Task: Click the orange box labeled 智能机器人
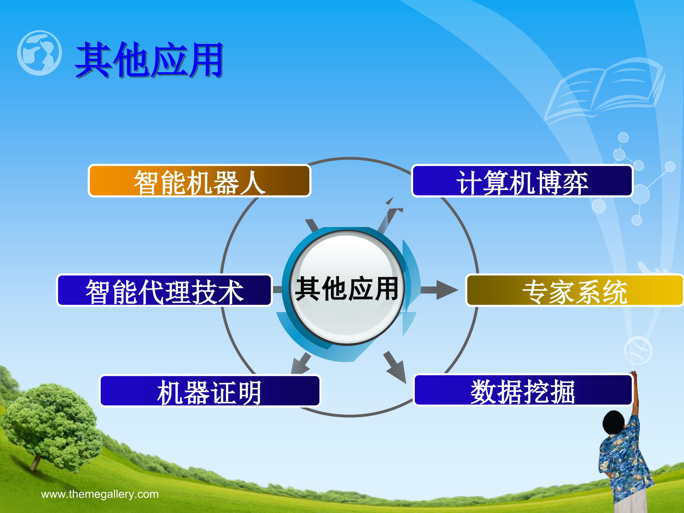click(x=199, y=181)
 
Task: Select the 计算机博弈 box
click(x=522, y=181)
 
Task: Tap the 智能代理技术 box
click(x=164, y=290)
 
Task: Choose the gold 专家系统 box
click(x=575, y=290)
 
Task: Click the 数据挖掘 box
click(x=522, y=390)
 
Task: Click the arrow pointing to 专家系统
click(x=439, y=290)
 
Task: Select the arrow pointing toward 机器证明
click(x=301, y=364)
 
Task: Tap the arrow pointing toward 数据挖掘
click(x=395, y=367)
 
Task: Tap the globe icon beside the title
click(x=39, y=53)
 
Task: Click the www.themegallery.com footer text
click(x=100, y=494)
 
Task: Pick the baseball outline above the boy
click(x=638, y=351)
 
